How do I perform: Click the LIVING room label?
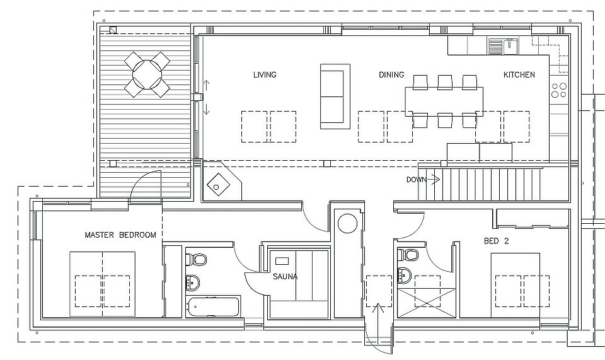tap(265, 75)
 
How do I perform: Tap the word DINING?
tap(391, 75)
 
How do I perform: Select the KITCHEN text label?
tap(519, 75)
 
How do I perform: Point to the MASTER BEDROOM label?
tap(120, 235)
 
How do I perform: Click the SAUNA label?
tap(285, 277)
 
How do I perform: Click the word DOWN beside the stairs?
tap(417, 180)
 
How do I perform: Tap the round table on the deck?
tap(147, 74)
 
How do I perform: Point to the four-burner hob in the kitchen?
tap(558, 90)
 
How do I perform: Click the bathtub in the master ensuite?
tap(214, 308)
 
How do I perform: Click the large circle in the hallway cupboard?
tap(348, 223)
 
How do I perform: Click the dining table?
tap(444, 100)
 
